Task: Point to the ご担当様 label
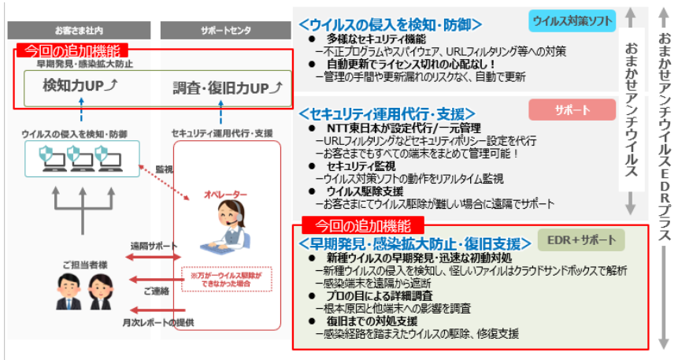coord(80,265)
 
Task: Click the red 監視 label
coord(164,169)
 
